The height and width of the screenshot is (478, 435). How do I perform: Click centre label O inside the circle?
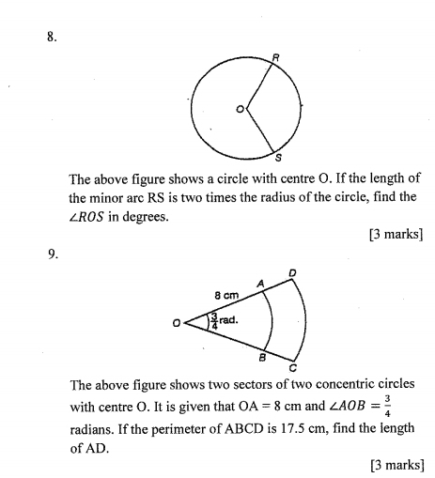pyautogui.click(x=240, y=110)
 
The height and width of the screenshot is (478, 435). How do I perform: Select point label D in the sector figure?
pyautogui.click(x=293, y=272)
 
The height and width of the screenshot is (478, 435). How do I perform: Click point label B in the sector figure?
pyautogui.click(x=262, y=357)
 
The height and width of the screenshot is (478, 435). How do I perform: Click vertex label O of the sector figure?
pyautogui.click(x=175, y=324)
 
